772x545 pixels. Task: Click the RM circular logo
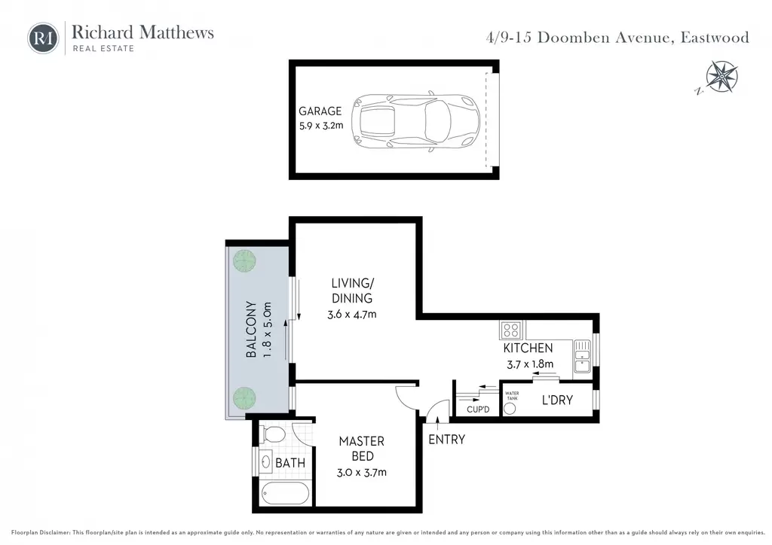[43, 38]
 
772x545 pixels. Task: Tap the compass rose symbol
[721, 77]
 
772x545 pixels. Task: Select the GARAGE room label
[320, 111]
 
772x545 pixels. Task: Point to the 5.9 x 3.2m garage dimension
[321, 125]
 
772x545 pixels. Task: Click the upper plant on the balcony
[244, 260]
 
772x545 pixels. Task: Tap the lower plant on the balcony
[244, 397]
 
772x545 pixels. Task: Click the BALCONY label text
[251, 329]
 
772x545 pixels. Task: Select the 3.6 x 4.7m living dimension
[352, 314]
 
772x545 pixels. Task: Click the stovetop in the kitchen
[512, 330]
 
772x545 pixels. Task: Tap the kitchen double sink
[582, 356]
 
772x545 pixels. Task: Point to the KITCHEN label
[528, 348]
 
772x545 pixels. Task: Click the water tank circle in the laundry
[510, 409]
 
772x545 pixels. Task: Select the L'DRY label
[557, 400]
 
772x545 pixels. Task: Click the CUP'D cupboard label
[477, 410]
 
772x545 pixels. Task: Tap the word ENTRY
[446, 440]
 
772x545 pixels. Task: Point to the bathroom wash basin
[266, 461]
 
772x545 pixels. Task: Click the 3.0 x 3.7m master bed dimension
[361, 472]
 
